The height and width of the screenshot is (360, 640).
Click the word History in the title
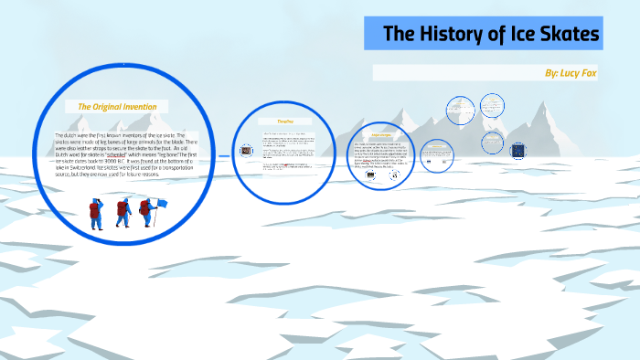tap(450, 35)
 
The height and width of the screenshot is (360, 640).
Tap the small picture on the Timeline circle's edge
tap(248, 153)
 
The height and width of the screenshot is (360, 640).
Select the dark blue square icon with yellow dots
tap(517, 150)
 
